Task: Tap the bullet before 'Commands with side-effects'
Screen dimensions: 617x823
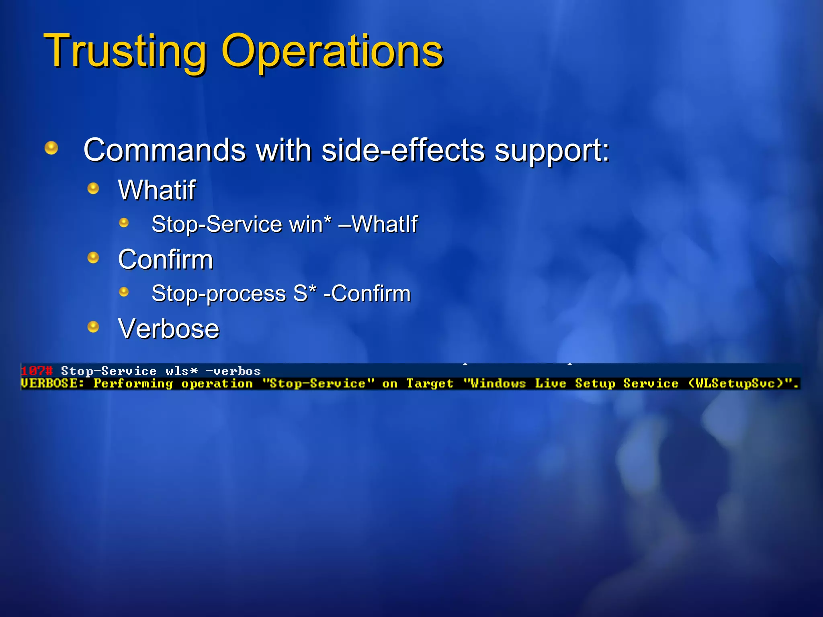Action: tap(51, 148)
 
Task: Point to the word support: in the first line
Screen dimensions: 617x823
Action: tap(552, 150)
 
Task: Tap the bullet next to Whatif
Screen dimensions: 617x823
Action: tap(93, 188)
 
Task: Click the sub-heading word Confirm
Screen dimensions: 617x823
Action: tap(166, 259)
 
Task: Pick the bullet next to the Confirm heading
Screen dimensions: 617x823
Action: tap(93, 257)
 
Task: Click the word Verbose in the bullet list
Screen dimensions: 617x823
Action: tap(169, 329)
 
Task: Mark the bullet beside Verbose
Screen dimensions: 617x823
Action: tap(93, 327)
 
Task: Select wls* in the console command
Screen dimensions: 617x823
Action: tap(182, 371)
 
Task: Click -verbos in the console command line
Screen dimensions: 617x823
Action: tap(233, 371)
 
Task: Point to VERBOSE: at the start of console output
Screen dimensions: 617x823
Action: tap(52, 384)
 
